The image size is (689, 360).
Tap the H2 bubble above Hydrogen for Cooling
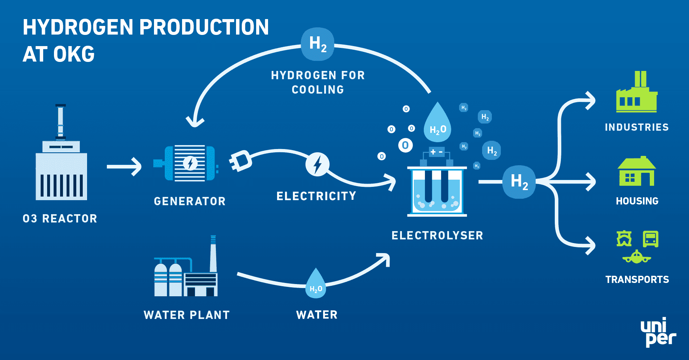[318, 44]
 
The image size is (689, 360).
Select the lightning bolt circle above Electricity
[317, 165]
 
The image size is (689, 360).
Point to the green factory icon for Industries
[636, 94]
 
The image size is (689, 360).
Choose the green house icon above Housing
[636, 172]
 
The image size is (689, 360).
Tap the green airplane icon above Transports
[636, 257]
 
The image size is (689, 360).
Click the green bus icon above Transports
[651, 239]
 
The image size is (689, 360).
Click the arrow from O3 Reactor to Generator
[124, 167]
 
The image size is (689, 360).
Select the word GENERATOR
[190, 201]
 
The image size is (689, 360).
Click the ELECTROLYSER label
[437, 235]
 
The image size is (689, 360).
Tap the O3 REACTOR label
[60, 219]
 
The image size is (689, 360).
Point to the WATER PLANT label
[186, 315]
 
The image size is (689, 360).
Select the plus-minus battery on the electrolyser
[437, 152]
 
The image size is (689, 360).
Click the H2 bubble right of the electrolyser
[519, 182]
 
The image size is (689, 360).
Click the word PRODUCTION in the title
[204, 27]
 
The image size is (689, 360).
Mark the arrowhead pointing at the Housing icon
[590, 182]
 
